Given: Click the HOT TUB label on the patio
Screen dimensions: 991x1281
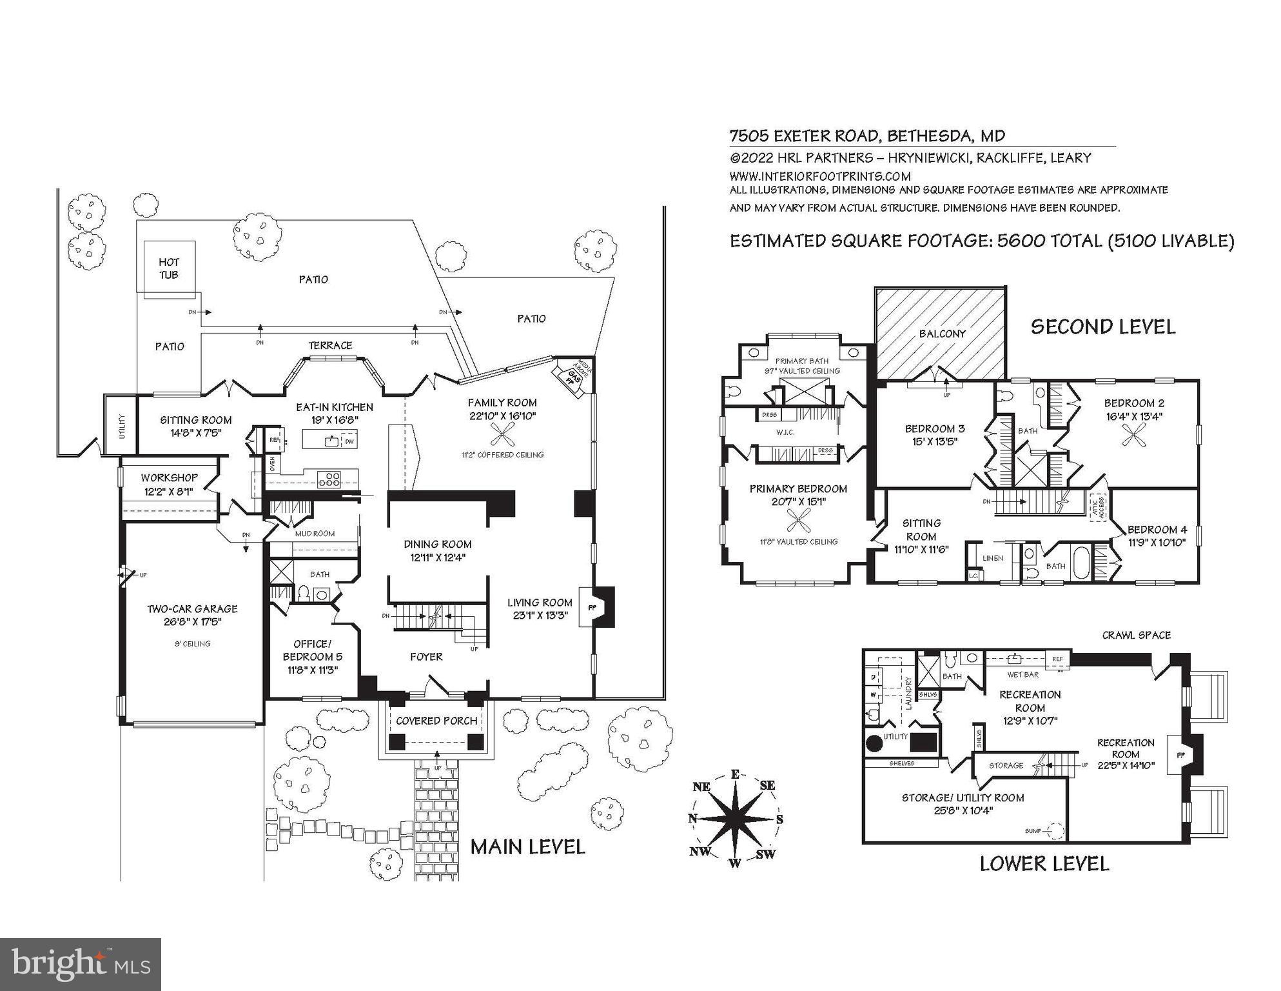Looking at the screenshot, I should pos(169,268).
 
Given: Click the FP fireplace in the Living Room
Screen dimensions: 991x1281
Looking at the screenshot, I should pos(592,607).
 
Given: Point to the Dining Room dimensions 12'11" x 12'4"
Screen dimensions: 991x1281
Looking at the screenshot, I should pos(438,557).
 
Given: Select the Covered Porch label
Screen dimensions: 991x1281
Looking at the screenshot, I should pos(436,721).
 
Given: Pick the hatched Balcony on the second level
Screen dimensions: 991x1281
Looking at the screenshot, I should pos(941,333).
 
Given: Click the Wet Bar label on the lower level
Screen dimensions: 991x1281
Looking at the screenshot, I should pos(1022,675).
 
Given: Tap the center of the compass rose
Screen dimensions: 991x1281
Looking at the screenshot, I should pos(735,818).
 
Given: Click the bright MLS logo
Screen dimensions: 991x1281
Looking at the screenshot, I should pos(81,964).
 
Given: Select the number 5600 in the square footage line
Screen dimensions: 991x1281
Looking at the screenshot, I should pos(1021,241).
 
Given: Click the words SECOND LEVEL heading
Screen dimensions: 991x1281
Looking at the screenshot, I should pos(1102,326).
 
